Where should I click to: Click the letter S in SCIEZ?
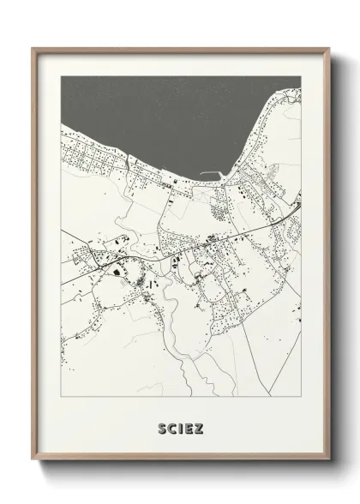[x=161, y=426]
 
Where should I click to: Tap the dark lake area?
[x=171, y=111]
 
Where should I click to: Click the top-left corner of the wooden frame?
[x=33, y=50]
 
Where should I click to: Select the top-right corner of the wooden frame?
[x=328, y=50]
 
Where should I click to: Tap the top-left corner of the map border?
[x=61, y=76]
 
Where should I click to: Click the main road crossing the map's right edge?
[x=299, y=205]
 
